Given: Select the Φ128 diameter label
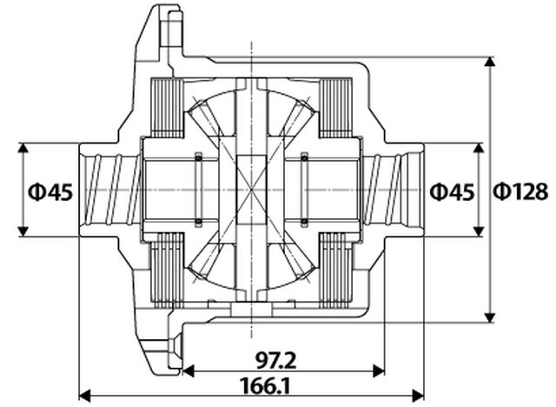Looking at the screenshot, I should pos(521,191).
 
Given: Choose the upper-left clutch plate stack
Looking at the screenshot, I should pos(167,108).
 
